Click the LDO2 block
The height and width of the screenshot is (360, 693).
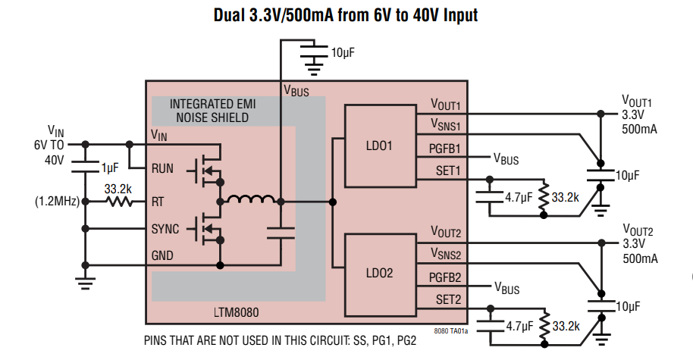[378, 272]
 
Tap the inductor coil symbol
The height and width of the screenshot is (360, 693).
[251, 201]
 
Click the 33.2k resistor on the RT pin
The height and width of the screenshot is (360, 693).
[119, 202]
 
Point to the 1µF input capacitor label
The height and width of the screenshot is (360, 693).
[110, 167]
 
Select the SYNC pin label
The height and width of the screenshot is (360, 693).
[166, 229]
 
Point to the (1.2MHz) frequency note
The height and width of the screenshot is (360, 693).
[58, 202]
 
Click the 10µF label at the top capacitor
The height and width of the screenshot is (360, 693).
[343, 52]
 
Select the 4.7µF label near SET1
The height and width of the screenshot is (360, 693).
[519, 198]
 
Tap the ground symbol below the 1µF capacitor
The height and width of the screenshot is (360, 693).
[84, 283]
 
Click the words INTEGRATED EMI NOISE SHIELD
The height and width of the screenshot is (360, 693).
[212, 111]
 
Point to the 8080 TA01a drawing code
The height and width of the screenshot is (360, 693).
[451, 331]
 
